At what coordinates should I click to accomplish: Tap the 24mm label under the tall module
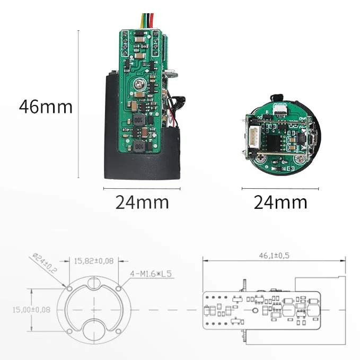click(x=142, y=202)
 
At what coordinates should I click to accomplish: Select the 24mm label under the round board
click(x=280, y=202)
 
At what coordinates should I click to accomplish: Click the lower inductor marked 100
click(x=139, y=145)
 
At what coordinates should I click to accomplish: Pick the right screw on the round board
click(x=301, y=157)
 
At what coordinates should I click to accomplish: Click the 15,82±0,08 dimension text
click(x=93, y=260)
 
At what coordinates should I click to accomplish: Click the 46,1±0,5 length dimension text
click(x=274, y=256)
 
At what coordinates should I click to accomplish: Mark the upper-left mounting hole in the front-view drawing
click(x=68, y=288)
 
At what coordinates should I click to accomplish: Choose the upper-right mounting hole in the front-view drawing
click(x=119, y=288)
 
